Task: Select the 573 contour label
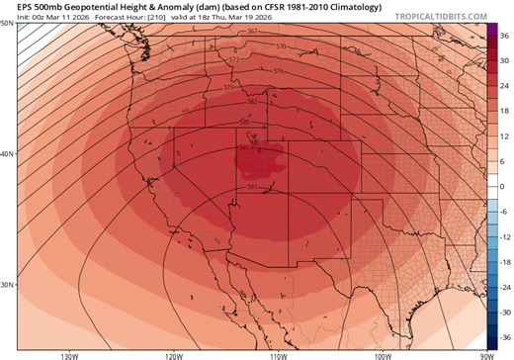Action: [233, 60]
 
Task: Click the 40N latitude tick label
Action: [7, 153]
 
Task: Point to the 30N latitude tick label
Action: [7, 285]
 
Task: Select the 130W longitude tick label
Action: [68, 354]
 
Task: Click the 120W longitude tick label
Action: [173, 354]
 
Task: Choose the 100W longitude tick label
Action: [382, 354]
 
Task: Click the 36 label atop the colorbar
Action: [502, 35]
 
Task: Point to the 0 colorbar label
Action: [502, 186]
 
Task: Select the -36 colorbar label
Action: [502, 337]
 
